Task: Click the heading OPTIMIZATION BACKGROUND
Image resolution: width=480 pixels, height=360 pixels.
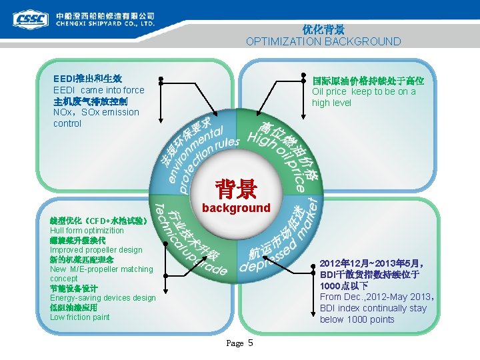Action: (323, 41)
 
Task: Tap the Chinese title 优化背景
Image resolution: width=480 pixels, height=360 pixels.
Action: (323, 29)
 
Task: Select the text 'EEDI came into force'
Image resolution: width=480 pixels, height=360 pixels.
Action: (98, 90)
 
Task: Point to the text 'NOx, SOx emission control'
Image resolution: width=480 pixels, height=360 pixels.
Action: (96, 118)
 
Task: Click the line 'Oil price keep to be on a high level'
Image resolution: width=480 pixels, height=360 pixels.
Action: (363, 97)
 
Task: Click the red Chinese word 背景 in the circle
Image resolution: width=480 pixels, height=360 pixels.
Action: (235, 189)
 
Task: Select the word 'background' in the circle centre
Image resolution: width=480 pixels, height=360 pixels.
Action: (236, 208)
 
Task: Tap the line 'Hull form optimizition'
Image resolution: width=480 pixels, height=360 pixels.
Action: (87, 230)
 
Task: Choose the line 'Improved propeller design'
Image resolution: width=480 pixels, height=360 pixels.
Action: (96, 249)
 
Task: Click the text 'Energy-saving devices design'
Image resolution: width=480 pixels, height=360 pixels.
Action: (103, 298)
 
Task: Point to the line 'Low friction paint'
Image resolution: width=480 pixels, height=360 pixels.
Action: (79, 317)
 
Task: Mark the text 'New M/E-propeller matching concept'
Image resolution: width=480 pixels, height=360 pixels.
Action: (101, 273)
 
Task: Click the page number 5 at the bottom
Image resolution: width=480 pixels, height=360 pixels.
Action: (250, 343)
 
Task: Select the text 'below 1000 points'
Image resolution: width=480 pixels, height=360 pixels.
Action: (357, 319)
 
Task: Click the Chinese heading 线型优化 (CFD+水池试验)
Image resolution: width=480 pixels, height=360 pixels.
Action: (98, 221)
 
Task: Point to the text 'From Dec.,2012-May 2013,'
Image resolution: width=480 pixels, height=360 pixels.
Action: (377, 297)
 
